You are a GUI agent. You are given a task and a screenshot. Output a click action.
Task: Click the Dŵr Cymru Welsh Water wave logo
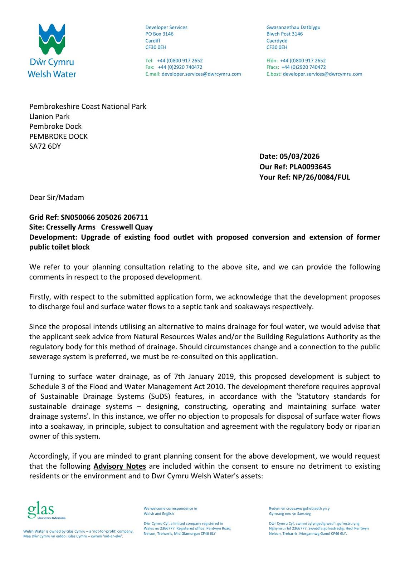(x=52, y=39)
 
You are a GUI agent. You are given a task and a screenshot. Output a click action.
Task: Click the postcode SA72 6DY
(x=45, y=146)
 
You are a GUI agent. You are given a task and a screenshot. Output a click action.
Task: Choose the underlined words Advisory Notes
(x=119, y=466)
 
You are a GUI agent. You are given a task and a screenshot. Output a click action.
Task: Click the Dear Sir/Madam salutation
(x=57, y=197)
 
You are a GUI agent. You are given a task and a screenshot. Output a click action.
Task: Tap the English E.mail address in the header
(x=201, y=74)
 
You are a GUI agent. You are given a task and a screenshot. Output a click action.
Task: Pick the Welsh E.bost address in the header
(x=322, y=74)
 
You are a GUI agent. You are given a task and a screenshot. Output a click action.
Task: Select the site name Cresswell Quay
(x=127, y=227)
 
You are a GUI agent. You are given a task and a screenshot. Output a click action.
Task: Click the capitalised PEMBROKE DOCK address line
(x=58, y=136)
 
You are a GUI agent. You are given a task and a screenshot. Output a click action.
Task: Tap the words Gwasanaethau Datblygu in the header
(x=293, y=28)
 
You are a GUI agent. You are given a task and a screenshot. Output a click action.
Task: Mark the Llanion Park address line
(x=49, y=117)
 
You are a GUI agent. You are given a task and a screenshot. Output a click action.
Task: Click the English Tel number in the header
(x=180, y=61)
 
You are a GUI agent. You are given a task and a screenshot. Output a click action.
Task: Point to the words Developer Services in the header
(x=166, y=28)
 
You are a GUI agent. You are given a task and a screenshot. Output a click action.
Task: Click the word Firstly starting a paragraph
(x=41, y=297)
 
